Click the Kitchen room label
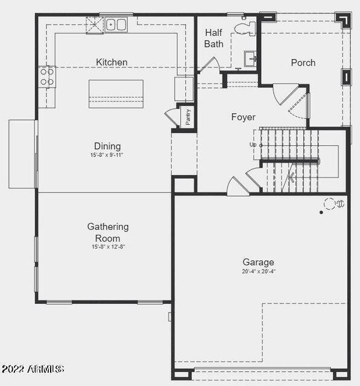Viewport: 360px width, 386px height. [x=112, y=62]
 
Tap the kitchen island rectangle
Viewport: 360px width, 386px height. [x=116, y=93]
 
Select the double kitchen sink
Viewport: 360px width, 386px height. [x=116, y=25]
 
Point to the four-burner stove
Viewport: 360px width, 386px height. [x=46, y=77]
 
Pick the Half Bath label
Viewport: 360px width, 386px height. [x=214, y=38]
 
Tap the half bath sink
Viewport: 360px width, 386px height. [x=250, y=58]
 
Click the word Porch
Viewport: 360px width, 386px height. [x=303, y=63]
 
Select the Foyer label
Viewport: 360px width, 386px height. [x=243, y=117]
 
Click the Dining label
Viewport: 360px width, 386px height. [x=107, y=146]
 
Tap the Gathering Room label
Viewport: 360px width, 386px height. [x=108, y=232]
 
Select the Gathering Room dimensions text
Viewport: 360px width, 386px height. [x=108, y=247]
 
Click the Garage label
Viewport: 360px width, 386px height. [x=258, y=262]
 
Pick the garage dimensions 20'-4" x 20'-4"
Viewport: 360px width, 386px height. [x=258, y=271]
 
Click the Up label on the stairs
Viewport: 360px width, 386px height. [x=253, y=145]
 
